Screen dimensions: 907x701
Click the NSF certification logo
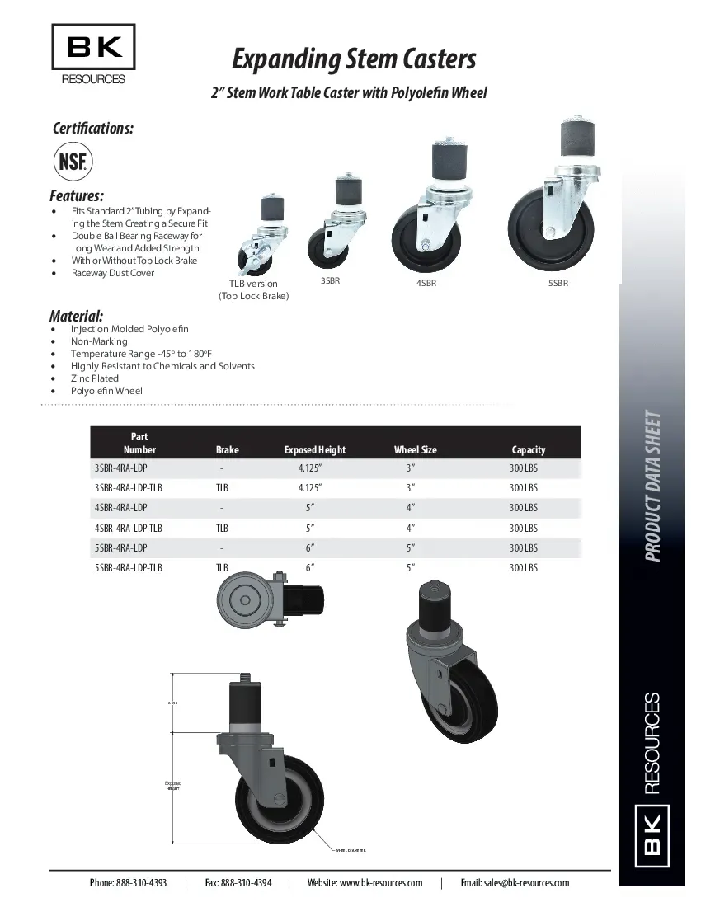[73, 161]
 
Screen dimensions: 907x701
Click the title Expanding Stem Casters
[354, 59]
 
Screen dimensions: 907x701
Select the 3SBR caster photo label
[331, 281]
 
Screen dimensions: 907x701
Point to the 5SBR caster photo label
[558, 283]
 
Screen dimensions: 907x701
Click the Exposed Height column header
[315, 450]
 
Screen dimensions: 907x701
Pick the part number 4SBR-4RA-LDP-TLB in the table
[129, 528]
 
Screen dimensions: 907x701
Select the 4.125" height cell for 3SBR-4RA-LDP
[310, 468]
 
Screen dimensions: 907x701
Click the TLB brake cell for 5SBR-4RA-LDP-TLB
[222, 568]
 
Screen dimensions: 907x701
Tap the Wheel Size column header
[416, 450]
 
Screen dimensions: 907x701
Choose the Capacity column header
[529, 450]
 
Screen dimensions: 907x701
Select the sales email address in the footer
[515, 882]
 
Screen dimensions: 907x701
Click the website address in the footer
[365, 882]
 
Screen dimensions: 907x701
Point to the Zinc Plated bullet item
[95, 378]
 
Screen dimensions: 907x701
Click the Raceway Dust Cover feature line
[113, 273]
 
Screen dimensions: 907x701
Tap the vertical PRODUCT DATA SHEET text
[653, 486]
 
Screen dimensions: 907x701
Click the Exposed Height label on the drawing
[172, 786]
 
